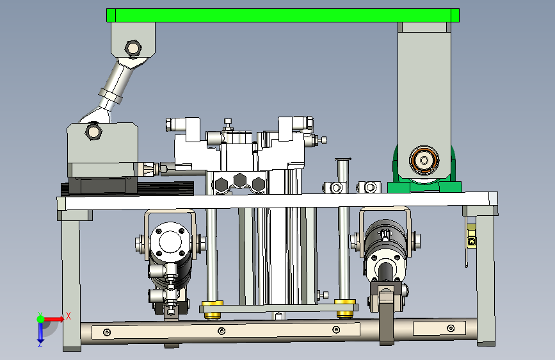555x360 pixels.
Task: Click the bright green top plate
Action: click(x=283, y=15)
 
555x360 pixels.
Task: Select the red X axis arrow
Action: click(x=54, y=319)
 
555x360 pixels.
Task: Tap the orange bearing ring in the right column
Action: click(x=424, y=161)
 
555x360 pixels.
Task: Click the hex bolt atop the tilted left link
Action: click(x=133, y=48)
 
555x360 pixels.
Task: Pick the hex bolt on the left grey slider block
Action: click(x=94, y=131)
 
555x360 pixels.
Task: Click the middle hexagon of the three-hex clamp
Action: click(x=239, y=180)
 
